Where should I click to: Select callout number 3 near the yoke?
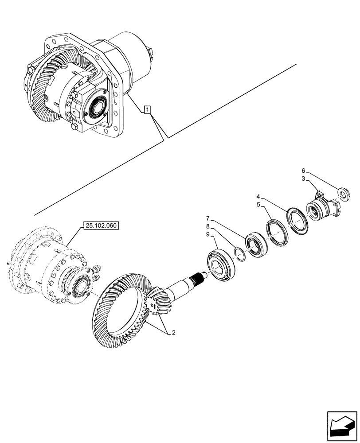click(303, 178)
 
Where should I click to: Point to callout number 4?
click(258, 195)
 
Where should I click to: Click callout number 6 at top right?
click(303, 171)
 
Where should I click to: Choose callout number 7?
click(207, 218)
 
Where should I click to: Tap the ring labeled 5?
click(277, 231)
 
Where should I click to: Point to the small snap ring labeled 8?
click(239, 254)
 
